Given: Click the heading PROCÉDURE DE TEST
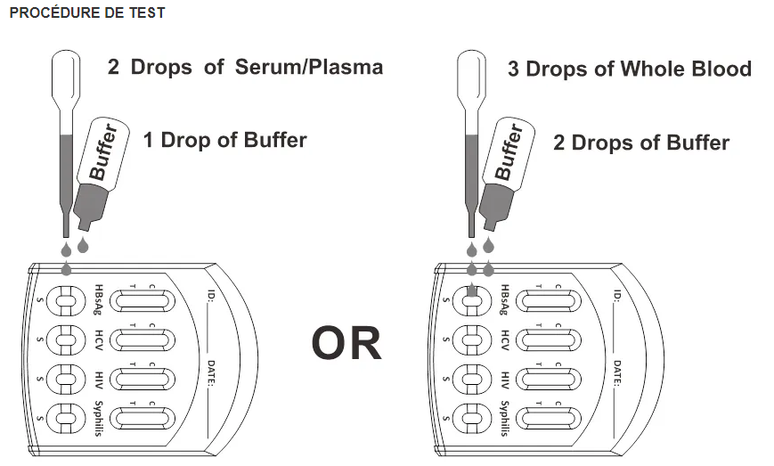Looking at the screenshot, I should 86,14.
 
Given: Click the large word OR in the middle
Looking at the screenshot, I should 346,343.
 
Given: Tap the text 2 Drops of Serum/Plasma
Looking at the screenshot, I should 245,68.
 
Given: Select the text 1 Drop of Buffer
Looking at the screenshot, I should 224,140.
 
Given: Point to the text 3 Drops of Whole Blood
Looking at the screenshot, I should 629,69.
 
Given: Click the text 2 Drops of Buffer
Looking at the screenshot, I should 640,143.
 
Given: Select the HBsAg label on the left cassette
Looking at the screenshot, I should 100,301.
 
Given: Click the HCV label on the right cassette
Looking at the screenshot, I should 504,340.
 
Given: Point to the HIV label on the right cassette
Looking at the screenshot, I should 504,379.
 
